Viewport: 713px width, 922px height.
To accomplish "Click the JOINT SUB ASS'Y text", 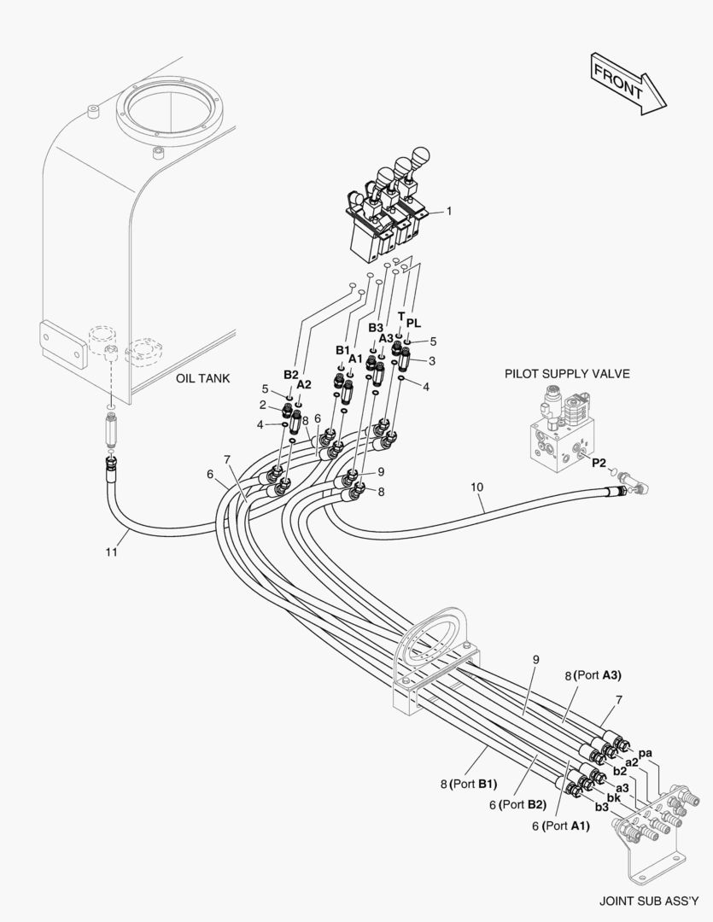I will pyautogui.click(x=654, y=900).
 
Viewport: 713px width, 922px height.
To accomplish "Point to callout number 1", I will pyautogui.click(x=449, y=210).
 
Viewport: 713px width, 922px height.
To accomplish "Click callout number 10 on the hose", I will pyautogui.click(x=476, y=487).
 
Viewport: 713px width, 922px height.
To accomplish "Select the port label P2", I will pyautogui.click(x=599, y=463).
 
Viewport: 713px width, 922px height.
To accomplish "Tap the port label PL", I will pyautogui.click(x=413, y=323).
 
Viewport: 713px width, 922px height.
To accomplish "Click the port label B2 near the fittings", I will pyautogui.click(x=291, y=374).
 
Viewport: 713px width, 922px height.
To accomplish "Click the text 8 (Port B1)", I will pyautogui.click(x=469, y=783).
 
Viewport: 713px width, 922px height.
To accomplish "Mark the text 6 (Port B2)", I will pyautogui.click(x=517, y=804).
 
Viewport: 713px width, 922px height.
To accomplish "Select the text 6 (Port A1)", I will pyautogui.click(x=561, y=825).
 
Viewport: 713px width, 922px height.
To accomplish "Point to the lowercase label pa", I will pyautogui.click(x=646, y=752).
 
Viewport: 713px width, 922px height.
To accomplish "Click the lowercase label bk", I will pyautogui.click(x=613, y=797).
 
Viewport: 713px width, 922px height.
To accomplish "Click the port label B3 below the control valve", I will pyautogui.click(x=376, y=327).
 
